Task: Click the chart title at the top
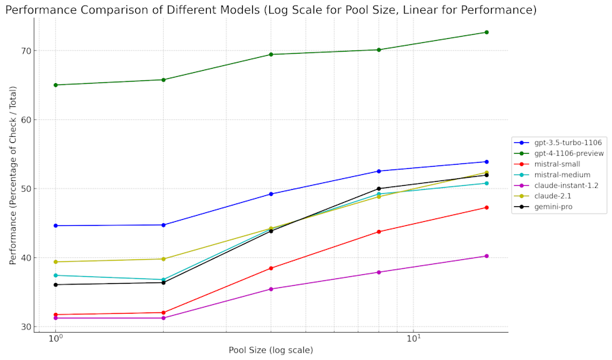point(271,10)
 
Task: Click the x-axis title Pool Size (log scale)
point(271,350)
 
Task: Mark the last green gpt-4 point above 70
point(486,32)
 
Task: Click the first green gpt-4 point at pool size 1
point(56,85)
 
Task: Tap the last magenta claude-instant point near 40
point(486,256)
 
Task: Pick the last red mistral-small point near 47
point(486,208)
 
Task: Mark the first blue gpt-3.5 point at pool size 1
point(56,225)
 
